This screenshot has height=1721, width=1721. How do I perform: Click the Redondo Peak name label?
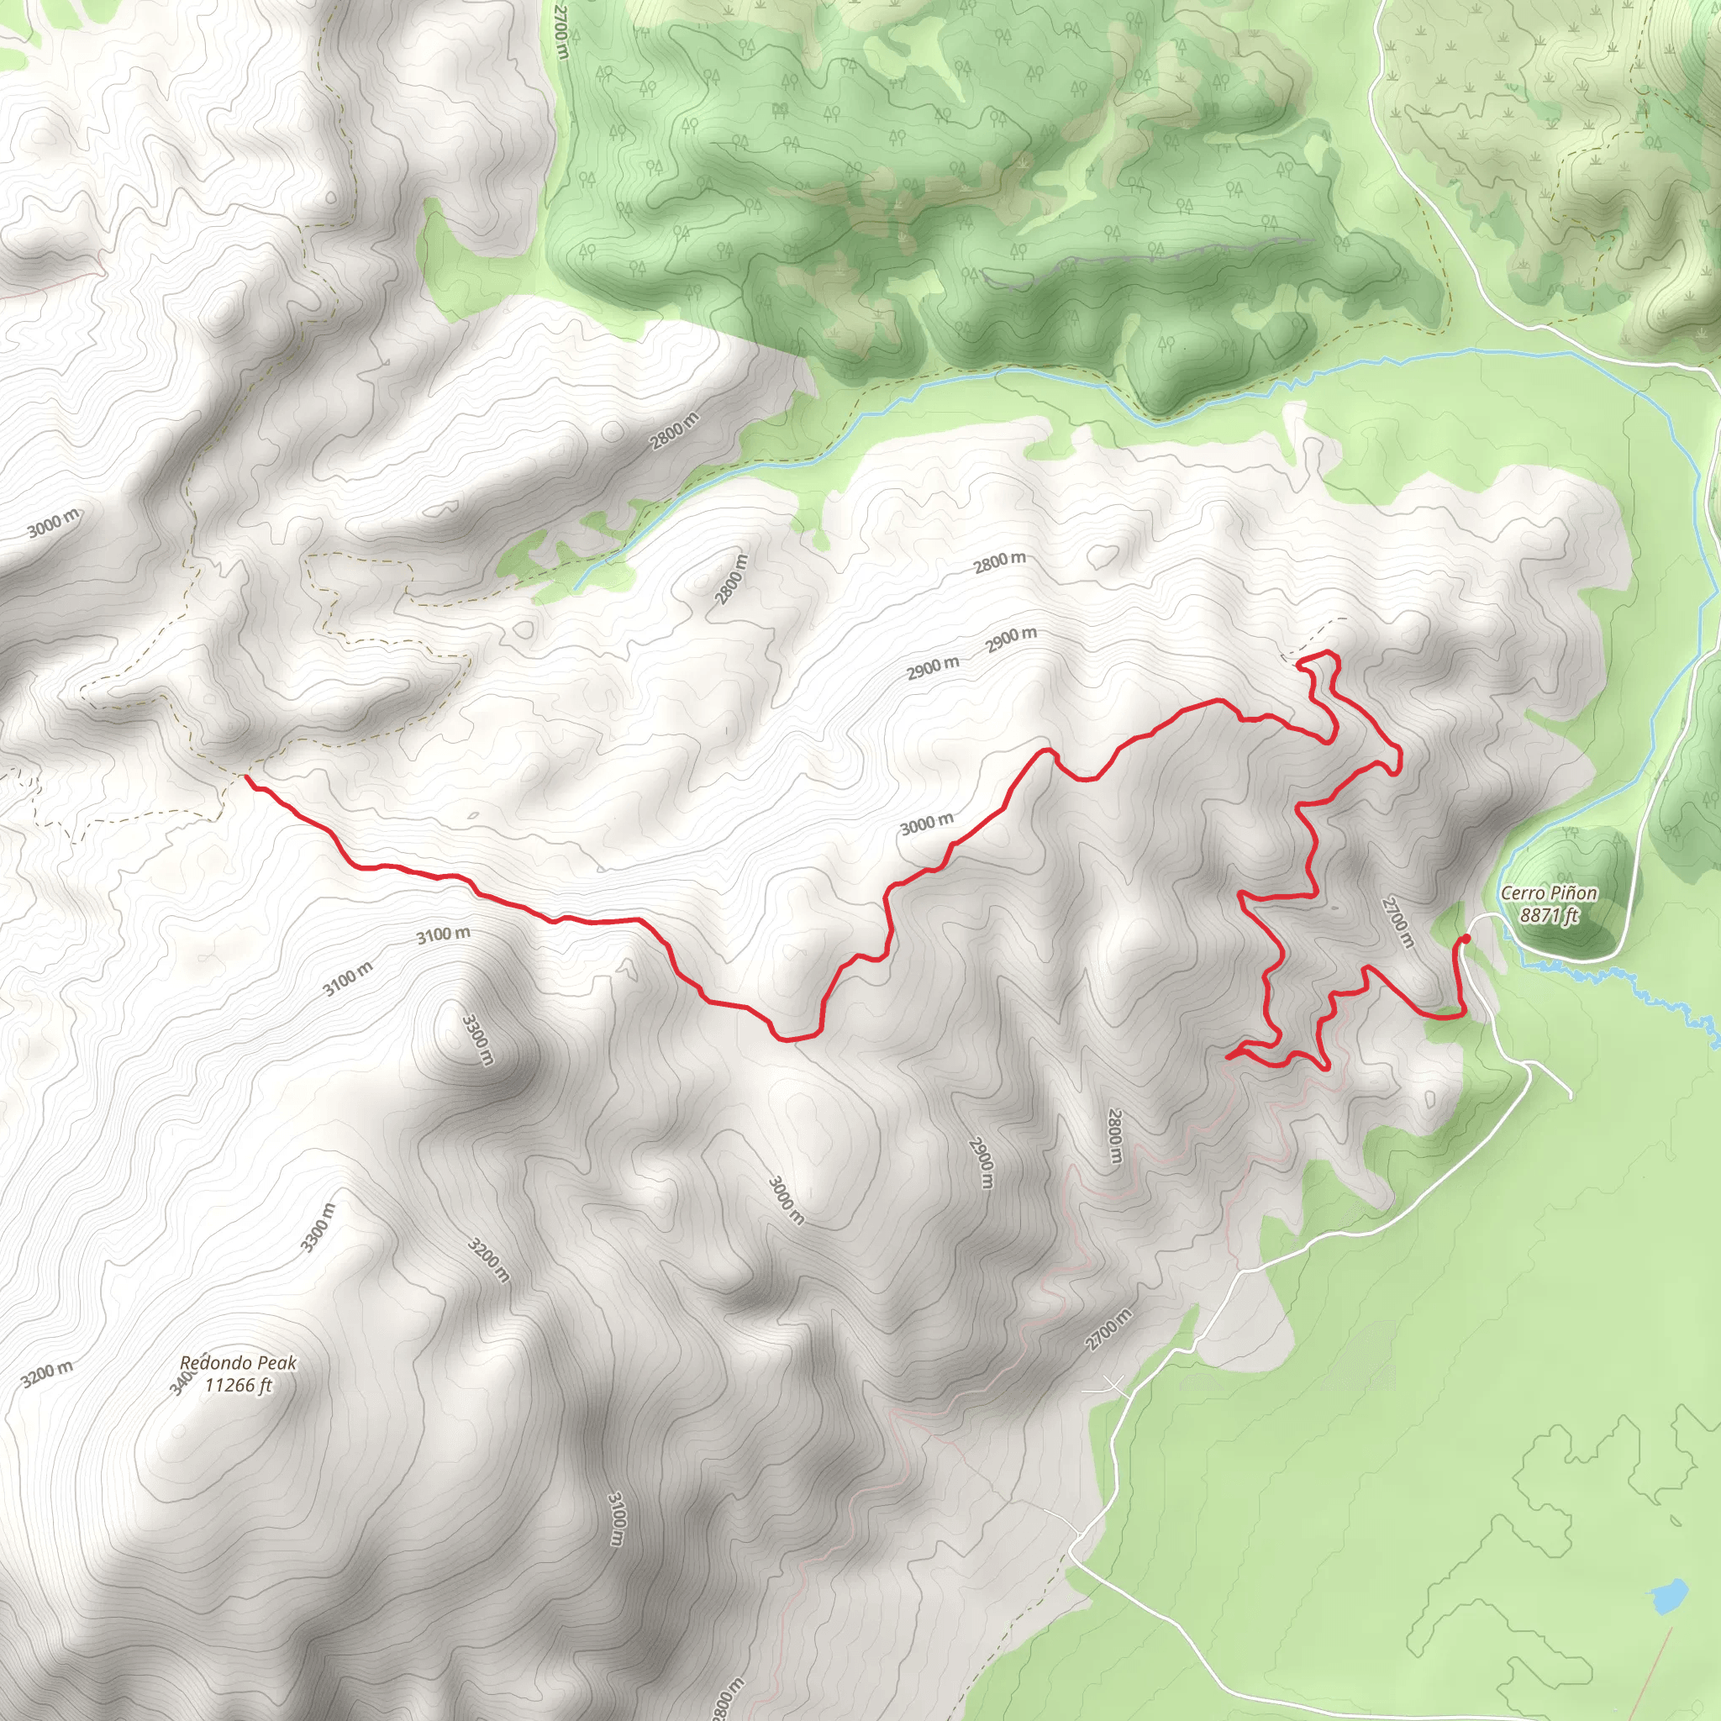[238, 1363]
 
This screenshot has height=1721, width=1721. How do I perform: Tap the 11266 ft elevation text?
[238, 1385]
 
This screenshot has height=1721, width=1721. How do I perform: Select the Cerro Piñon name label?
[1548, 892]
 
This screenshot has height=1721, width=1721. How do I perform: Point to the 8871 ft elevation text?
[1548, 915]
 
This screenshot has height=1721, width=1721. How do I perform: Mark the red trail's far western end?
[247, 777]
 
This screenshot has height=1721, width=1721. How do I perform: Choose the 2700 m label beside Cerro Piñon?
[1397, 923]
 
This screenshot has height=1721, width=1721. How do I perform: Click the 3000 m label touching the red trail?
[926, 825]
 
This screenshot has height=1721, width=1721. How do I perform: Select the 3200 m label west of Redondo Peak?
[47, 1374]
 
